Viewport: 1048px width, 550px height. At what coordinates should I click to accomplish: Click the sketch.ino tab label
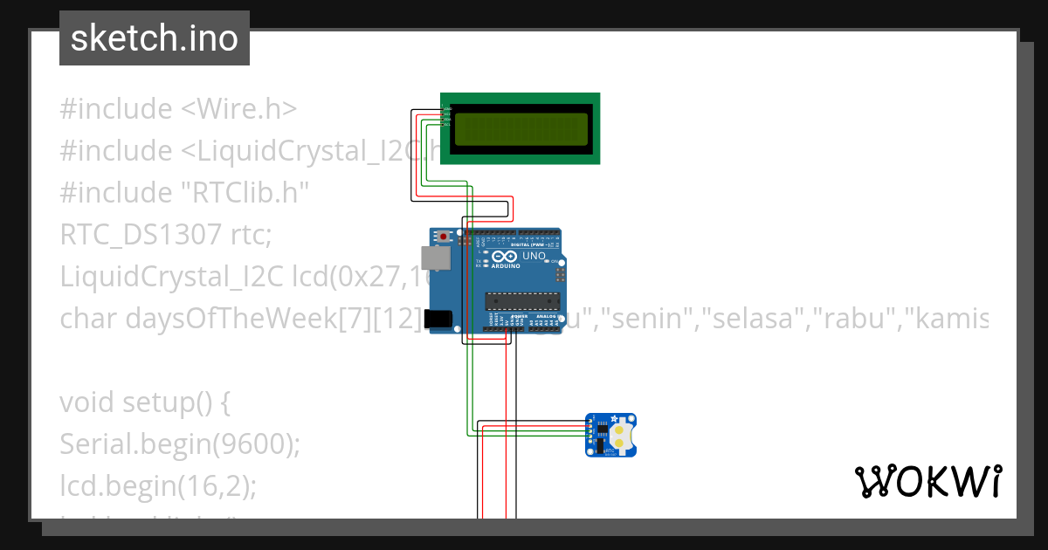[155, 38]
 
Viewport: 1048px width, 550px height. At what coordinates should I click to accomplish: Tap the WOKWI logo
[927, 481]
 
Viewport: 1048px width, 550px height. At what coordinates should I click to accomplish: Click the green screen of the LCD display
[520, 128]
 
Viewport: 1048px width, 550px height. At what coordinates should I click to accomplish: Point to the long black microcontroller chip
[522, 301]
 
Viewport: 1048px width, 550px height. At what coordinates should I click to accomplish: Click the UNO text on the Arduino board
[534, 258]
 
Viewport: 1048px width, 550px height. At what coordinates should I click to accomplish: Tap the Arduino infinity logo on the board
[504, 258]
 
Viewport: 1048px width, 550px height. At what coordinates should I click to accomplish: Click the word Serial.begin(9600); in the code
[180, 444]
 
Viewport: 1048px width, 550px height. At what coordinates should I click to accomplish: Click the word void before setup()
[87, 402]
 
